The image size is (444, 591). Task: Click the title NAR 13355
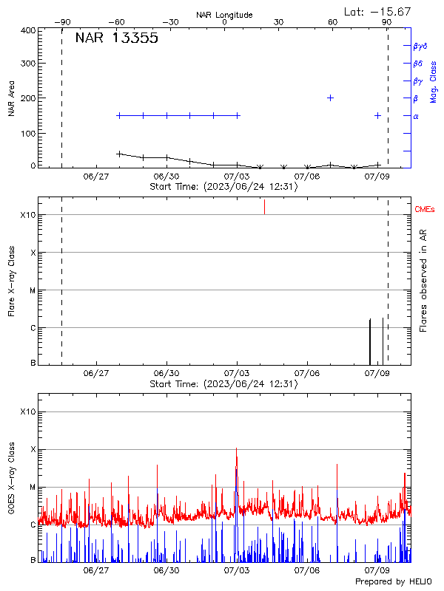coord(116,39)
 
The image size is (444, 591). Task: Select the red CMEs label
coord(425,210)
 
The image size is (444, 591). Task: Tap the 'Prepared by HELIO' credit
coord(394,582)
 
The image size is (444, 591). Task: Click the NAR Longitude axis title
coord(224,14)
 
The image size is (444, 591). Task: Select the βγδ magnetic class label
coord(420,46)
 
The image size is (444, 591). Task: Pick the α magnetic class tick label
coord(415,116)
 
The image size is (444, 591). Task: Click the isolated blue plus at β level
coord(330,98)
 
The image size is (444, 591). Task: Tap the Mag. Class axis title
coord(434,81)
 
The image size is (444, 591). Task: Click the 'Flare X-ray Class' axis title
coord(11,280)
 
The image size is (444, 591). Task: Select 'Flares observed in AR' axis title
coord(423,280)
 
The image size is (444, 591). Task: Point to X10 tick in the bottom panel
coord(27,411)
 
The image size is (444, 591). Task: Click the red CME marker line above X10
coord(264,207)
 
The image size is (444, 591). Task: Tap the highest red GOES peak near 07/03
coord(236,449)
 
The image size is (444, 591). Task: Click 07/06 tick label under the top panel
coord(306,177)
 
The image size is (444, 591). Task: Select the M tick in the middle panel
coord(33,290)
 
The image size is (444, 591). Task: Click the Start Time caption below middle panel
coord(223,384)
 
